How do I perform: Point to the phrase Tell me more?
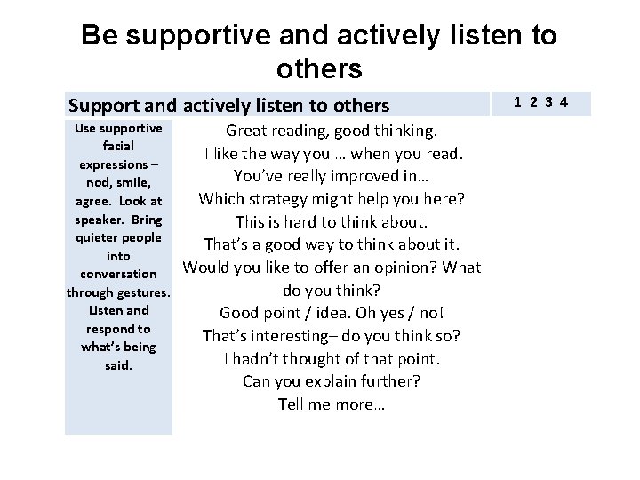coord(331,404)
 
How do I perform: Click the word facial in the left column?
coord(118,147)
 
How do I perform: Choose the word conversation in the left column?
coord(118,275)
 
